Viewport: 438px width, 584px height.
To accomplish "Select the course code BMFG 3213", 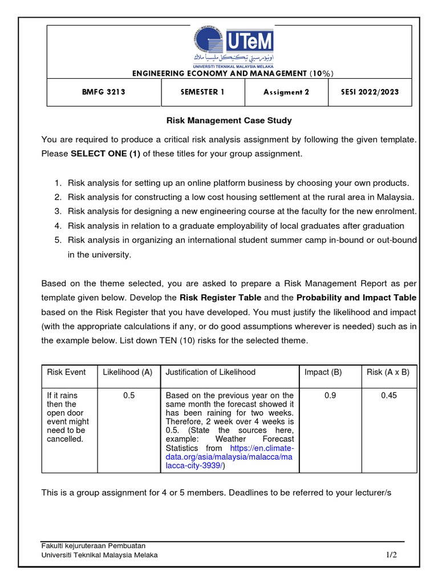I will coord(104,92).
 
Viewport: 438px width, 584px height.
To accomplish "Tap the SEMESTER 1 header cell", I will coord(202,92).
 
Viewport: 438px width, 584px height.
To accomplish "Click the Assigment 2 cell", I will coord(286,92).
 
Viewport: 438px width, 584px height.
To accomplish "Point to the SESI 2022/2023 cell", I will coord(370,92).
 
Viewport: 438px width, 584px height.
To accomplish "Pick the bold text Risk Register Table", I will coord(220,297).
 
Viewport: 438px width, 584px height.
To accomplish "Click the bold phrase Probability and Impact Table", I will coord(356,297).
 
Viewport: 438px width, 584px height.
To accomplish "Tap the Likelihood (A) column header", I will coord(128,372).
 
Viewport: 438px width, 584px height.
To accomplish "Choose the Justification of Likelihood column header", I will coord(210,372).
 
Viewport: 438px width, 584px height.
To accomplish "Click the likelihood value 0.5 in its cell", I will coord(129,395).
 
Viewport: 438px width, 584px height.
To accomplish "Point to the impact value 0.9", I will coord(330,395).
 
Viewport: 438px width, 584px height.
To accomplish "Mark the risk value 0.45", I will coord(390,395).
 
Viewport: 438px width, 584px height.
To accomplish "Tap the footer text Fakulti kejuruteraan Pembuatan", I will coord(94,545).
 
